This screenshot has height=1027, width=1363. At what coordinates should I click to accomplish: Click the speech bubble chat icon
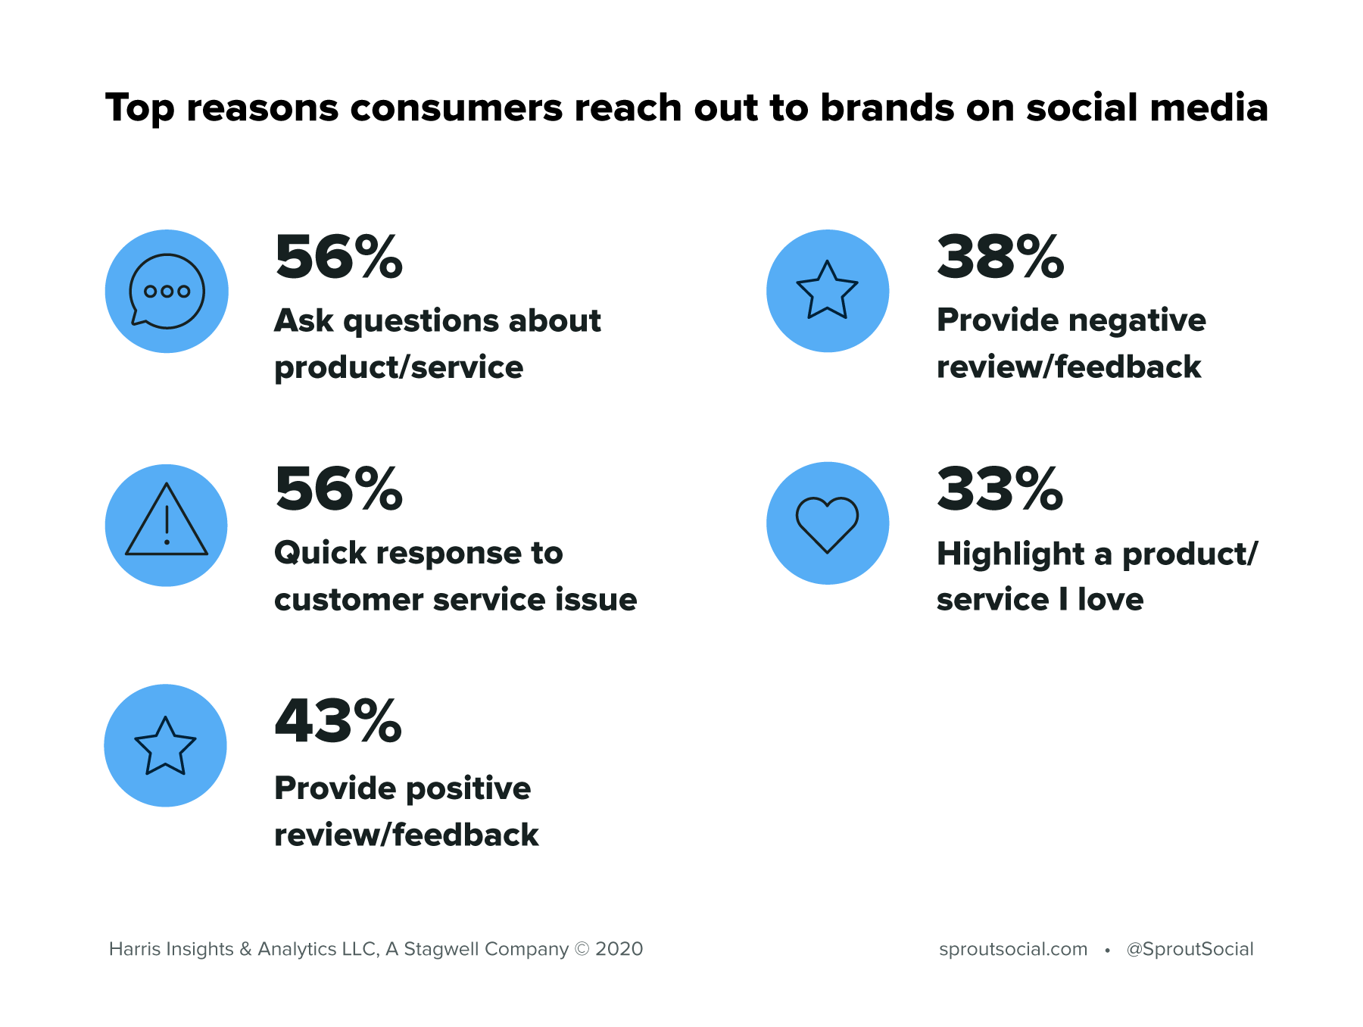click(167, 292)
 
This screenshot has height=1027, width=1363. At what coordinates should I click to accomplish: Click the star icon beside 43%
click(165, 746)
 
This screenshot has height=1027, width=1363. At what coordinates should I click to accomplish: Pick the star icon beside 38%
click(827, 290)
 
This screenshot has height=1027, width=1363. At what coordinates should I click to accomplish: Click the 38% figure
click(1000, 258)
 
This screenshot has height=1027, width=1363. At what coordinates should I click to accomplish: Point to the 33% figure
click(1000, 489)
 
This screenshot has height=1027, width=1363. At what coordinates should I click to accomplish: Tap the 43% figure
click(338, 721)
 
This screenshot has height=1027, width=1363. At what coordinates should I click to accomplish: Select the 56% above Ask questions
click(338, 258)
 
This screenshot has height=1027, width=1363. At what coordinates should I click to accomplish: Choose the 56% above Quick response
click(338, 489)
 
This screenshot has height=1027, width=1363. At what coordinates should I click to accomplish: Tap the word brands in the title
click(887, 108)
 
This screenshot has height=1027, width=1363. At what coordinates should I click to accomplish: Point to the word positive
click(469, 789)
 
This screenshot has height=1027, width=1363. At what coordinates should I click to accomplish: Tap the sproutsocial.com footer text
click(1012, 949)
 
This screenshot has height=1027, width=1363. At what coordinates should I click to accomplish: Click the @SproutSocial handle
click(1190, 949)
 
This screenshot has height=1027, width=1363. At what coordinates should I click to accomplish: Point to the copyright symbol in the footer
click(582, 949)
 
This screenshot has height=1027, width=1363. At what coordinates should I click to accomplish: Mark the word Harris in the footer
click(133, 949)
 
